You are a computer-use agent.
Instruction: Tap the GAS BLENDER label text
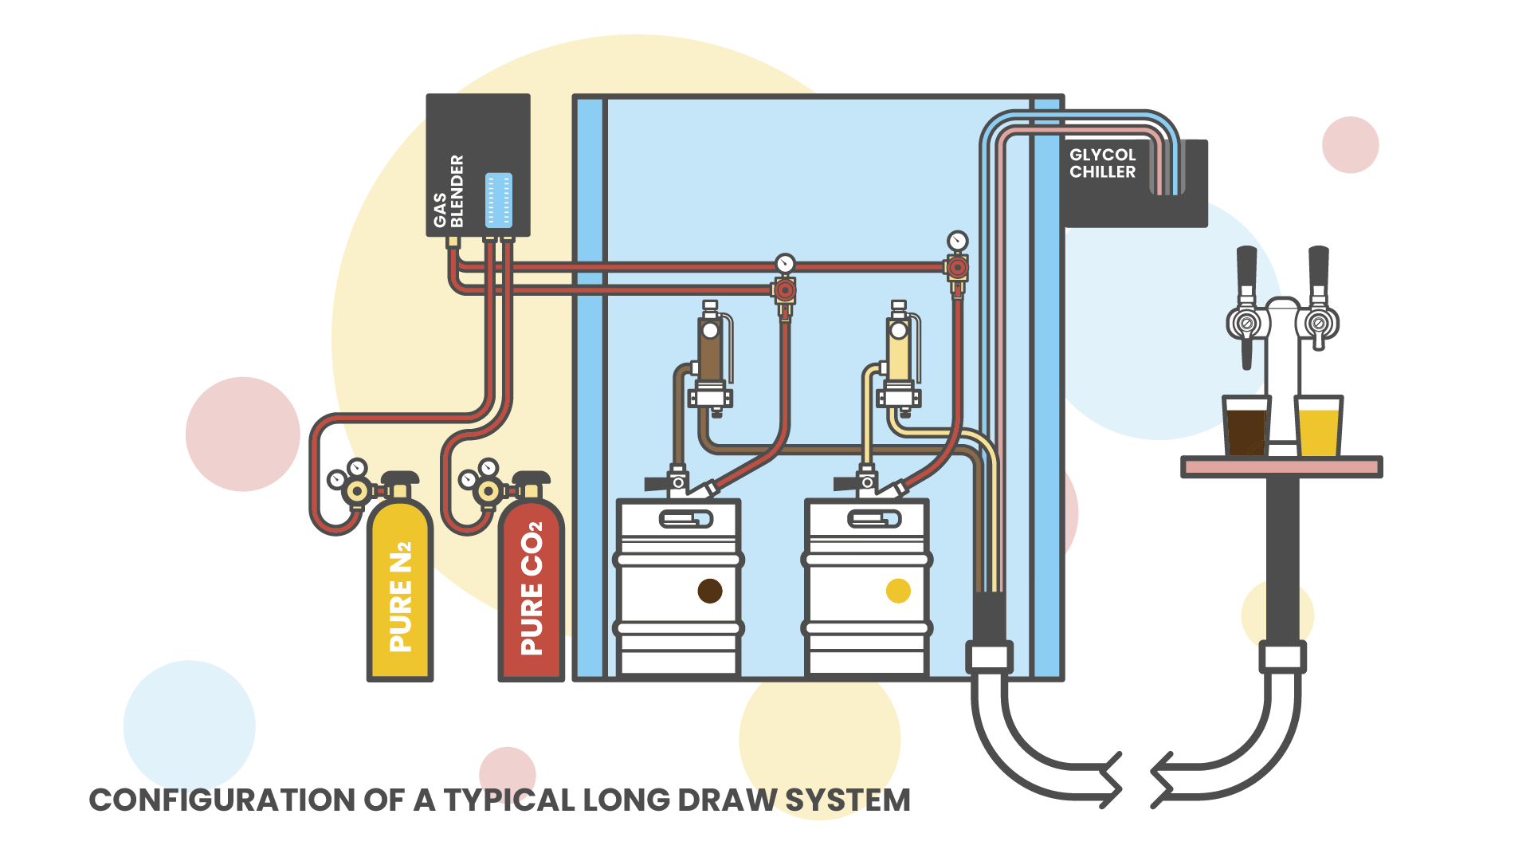click(x=449, y=191)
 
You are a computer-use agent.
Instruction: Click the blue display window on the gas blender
click(x=499, y=200)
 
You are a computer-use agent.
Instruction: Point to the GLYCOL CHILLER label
click(x=1102, y=163)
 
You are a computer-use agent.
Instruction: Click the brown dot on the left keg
click(x=709, y=591)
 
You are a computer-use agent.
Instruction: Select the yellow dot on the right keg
click(x=898, y=591)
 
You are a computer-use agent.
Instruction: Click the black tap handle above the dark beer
click(x=1246, y=267)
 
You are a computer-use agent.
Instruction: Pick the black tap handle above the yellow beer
click(x=1319, y=267)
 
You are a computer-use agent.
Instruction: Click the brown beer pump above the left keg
click(x=710, y=351)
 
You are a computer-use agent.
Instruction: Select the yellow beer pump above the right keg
click(x=899, y=351)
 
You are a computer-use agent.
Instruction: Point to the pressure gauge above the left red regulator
click(x=785, y=263)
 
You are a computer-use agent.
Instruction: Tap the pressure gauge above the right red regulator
click(x=957, y=241)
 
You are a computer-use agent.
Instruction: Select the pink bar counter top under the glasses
click(x=1281, y=466)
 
